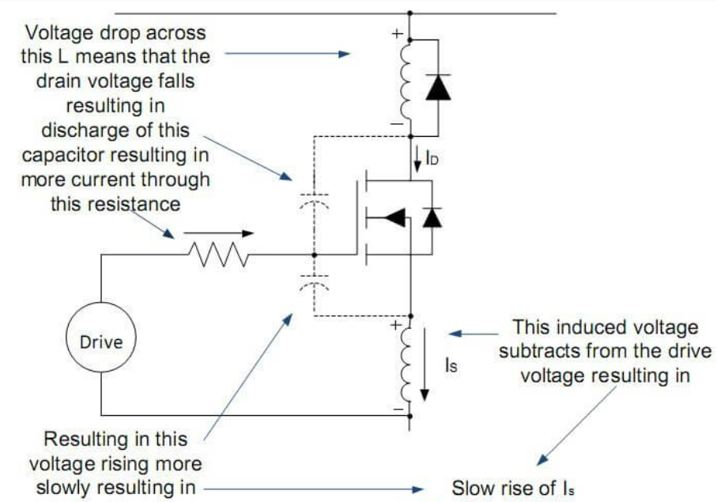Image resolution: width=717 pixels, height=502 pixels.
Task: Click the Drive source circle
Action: click(102, 342)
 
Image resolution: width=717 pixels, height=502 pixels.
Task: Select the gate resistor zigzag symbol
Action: click(218, 255)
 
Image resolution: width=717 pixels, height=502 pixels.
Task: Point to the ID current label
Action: click(432, 159)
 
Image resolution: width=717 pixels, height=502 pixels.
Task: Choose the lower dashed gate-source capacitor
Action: click(315, 286)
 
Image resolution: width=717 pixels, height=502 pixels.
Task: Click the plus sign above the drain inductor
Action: click(396, 35)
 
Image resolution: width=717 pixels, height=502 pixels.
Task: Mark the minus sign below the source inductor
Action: click(398, 409)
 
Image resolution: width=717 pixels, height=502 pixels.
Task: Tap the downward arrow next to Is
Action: click(427, 364)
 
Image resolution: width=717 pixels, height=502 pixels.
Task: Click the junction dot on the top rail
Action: click(409, 13)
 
